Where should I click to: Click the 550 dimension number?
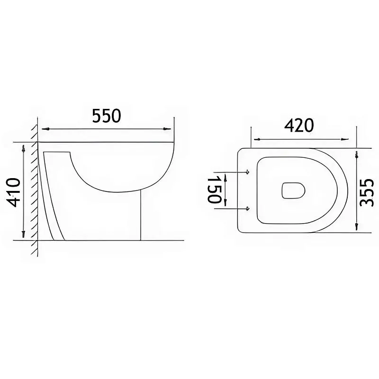[x=106, y=116]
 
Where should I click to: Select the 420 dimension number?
[x=299, y=126]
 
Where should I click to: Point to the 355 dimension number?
[x=366, y=192]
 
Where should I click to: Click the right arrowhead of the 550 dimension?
[x=167, y=129]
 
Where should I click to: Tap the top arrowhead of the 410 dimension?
[x=23, y=149]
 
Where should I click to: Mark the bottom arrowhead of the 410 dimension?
[x=23, y=234]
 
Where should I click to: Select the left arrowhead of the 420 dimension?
[x=257, y=139]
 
